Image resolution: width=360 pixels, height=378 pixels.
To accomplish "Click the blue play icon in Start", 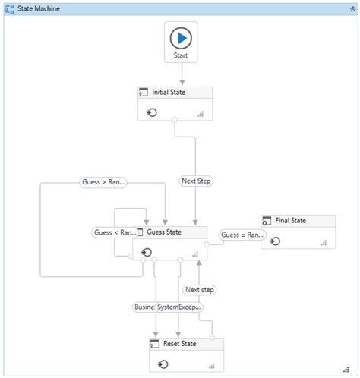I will pyautogui.click(x=182, y=37).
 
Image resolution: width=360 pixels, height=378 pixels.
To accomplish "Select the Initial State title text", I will pyautogui.click(x=169, y=93).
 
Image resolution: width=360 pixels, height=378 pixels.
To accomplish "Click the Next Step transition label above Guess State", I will pyautogui.click(x=196, y=181).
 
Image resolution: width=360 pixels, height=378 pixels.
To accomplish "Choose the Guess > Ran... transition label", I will pyautogui.click(x=103, y=182).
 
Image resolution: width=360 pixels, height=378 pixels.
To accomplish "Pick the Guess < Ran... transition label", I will pyautogui.click(x=115, y=232).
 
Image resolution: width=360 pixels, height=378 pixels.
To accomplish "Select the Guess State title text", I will pyautogui.click(x=164, y=232).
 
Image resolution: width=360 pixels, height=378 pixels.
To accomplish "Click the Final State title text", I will pyautogui.click(x=291, y=221).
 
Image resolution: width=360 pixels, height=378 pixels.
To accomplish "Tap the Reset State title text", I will pyautogui.click(x=180, y=344).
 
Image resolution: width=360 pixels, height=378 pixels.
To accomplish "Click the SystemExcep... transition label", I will pyautogui.click(x=179, y=307).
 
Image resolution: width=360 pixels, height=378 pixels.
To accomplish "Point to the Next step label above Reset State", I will pyautogui.click(x=200, y=290).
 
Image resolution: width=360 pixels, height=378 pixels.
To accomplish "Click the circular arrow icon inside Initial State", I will pyautogui.click(x=151, y=112).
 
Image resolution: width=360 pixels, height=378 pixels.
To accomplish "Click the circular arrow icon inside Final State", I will pyautogui.click(x=275, y=241).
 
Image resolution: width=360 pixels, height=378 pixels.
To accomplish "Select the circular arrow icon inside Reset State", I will pyautogui.click(x=163, y=364).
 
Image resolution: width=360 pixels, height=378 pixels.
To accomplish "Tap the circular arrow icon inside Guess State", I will pyautogui.click(x=147, y=251).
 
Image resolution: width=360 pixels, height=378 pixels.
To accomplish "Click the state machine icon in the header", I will pyautogui.click(x=10, y=9).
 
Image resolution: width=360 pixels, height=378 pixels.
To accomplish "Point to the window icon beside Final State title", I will pyautogui.click(x=267, y=221).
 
